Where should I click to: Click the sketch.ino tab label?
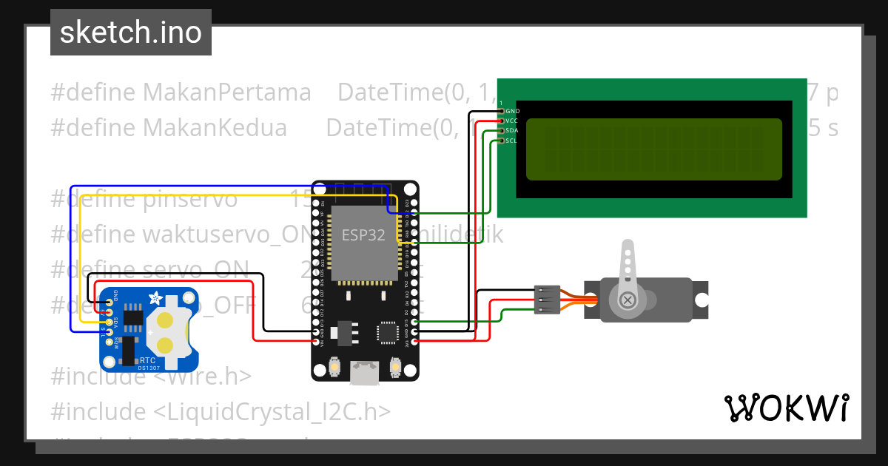point(130,33)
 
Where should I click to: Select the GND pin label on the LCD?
point(512,111)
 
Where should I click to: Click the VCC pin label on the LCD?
point(512,121)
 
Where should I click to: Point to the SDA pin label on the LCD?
point(512,130)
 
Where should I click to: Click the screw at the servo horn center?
point(628,300)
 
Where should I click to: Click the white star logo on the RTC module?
point(155,298)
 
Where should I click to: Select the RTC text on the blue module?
point(148,360)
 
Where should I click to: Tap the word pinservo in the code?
point(190,199)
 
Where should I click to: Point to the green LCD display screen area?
point(653,149)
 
